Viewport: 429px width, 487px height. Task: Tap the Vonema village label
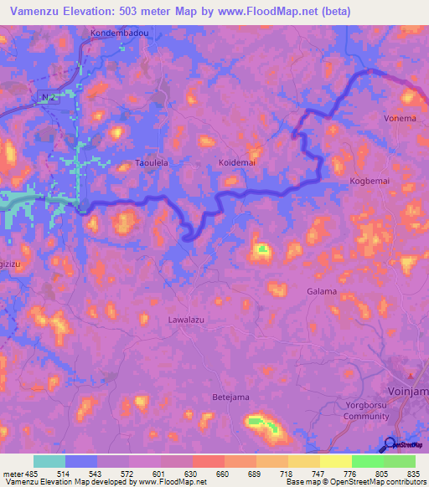pyautogui.click(x=400, y=118)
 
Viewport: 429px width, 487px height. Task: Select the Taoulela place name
pyautogui.click(x=152, y=164)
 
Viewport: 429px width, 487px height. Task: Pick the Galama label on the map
pyautogui.click(x=322, y=291)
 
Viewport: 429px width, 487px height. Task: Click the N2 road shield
pyautogui.click(x=49, y=98)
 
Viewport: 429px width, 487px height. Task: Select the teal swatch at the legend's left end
pyautogui.click(x=49, y=461)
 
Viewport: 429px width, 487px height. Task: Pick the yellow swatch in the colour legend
pyautogui.click(x=335, y=461)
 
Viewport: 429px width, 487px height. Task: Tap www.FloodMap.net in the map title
pyautogui.click(x=271, y=11)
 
